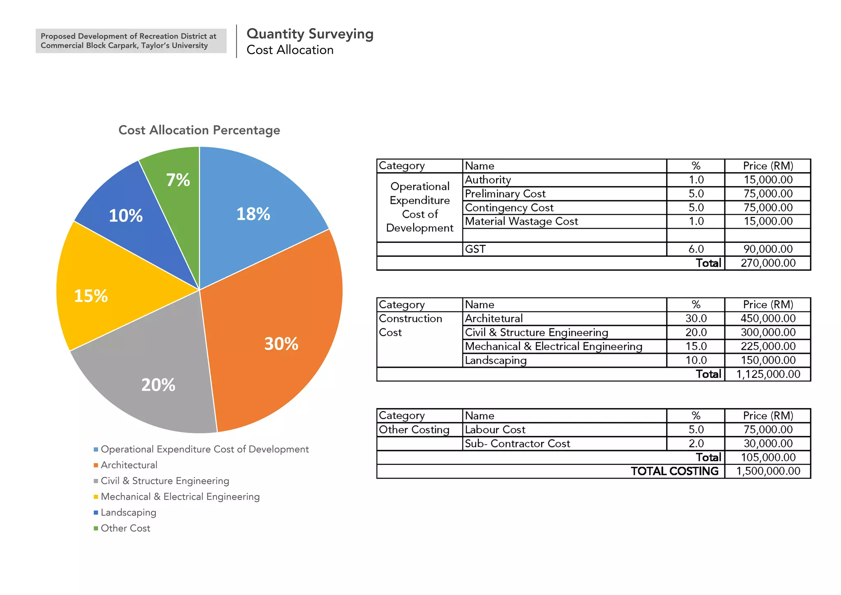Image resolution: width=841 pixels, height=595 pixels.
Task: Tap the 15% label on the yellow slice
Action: click(x=91, y=296)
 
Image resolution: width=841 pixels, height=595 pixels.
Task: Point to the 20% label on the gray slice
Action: click(x=158, y=385)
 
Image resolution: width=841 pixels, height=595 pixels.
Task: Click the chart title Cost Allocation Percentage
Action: click(x=199, y=130)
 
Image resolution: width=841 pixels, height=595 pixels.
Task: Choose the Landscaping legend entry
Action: click(x=128, y=512)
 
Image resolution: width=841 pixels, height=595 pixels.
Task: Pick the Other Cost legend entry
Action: click(x=125, y=528)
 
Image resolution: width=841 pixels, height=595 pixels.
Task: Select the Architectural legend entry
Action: click(x=129, y=465)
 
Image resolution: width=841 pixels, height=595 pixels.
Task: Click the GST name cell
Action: click(x=475, y=249)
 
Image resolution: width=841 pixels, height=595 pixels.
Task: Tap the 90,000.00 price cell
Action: click(x=767, y=249)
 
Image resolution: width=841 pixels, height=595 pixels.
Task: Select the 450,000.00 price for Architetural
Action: click(x=767, y=318)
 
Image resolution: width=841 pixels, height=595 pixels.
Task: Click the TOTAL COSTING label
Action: click(x=674, y=471)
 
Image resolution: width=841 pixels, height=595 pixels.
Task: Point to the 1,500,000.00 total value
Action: click(x=767, y=471)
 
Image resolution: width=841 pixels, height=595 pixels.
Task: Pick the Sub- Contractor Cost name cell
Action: click(x=517, y=443)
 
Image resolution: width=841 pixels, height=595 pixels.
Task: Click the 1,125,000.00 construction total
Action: click(x=767, y=374)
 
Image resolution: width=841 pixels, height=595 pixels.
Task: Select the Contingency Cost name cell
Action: click(x=509, y=208)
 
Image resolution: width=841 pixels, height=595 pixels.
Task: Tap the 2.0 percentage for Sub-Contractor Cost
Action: click(x=696, y=443)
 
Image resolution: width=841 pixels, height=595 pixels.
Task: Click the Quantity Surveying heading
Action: click(x=310, y=34)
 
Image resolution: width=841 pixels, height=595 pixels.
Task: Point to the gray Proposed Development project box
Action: click(x=131, y=41)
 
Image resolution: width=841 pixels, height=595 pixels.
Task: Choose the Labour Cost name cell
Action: click(x=495, y=429)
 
